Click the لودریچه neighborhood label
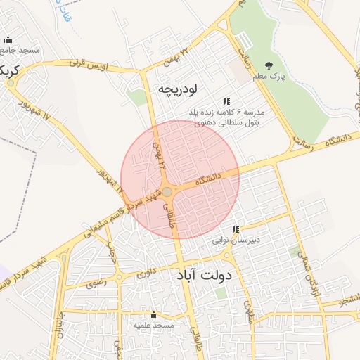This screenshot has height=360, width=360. pyautogui.click(x=179, y=89)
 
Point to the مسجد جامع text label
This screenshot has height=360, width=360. pyautogui.click(x=21, y=51)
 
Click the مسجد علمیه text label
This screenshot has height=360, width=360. pyautogui.click(x=153, y=326)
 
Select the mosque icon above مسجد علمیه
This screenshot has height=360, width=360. pyautogui.click(x=153, y=315)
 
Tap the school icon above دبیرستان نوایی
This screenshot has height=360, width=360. pyautogui.click(x=236, y=229)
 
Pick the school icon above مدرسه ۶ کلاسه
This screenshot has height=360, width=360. pyautogui.click(x=226, y=101)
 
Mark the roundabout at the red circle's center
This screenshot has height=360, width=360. pyautogui.click(x=169, y=191)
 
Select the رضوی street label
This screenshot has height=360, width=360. pyautogui.click(x=96, y=284)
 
